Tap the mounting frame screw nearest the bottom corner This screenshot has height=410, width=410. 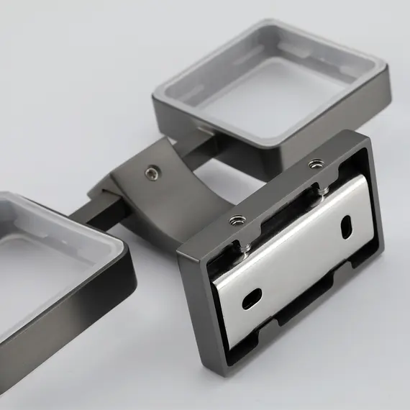(x=237, y=221)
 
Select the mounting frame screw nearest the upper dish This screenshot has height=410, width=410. (x=313, y=165)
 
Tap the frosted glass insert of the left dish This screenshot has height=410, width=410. (x=36, y=266)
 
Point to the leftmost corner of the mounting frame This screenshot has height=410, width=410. (x=178, y=251)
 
